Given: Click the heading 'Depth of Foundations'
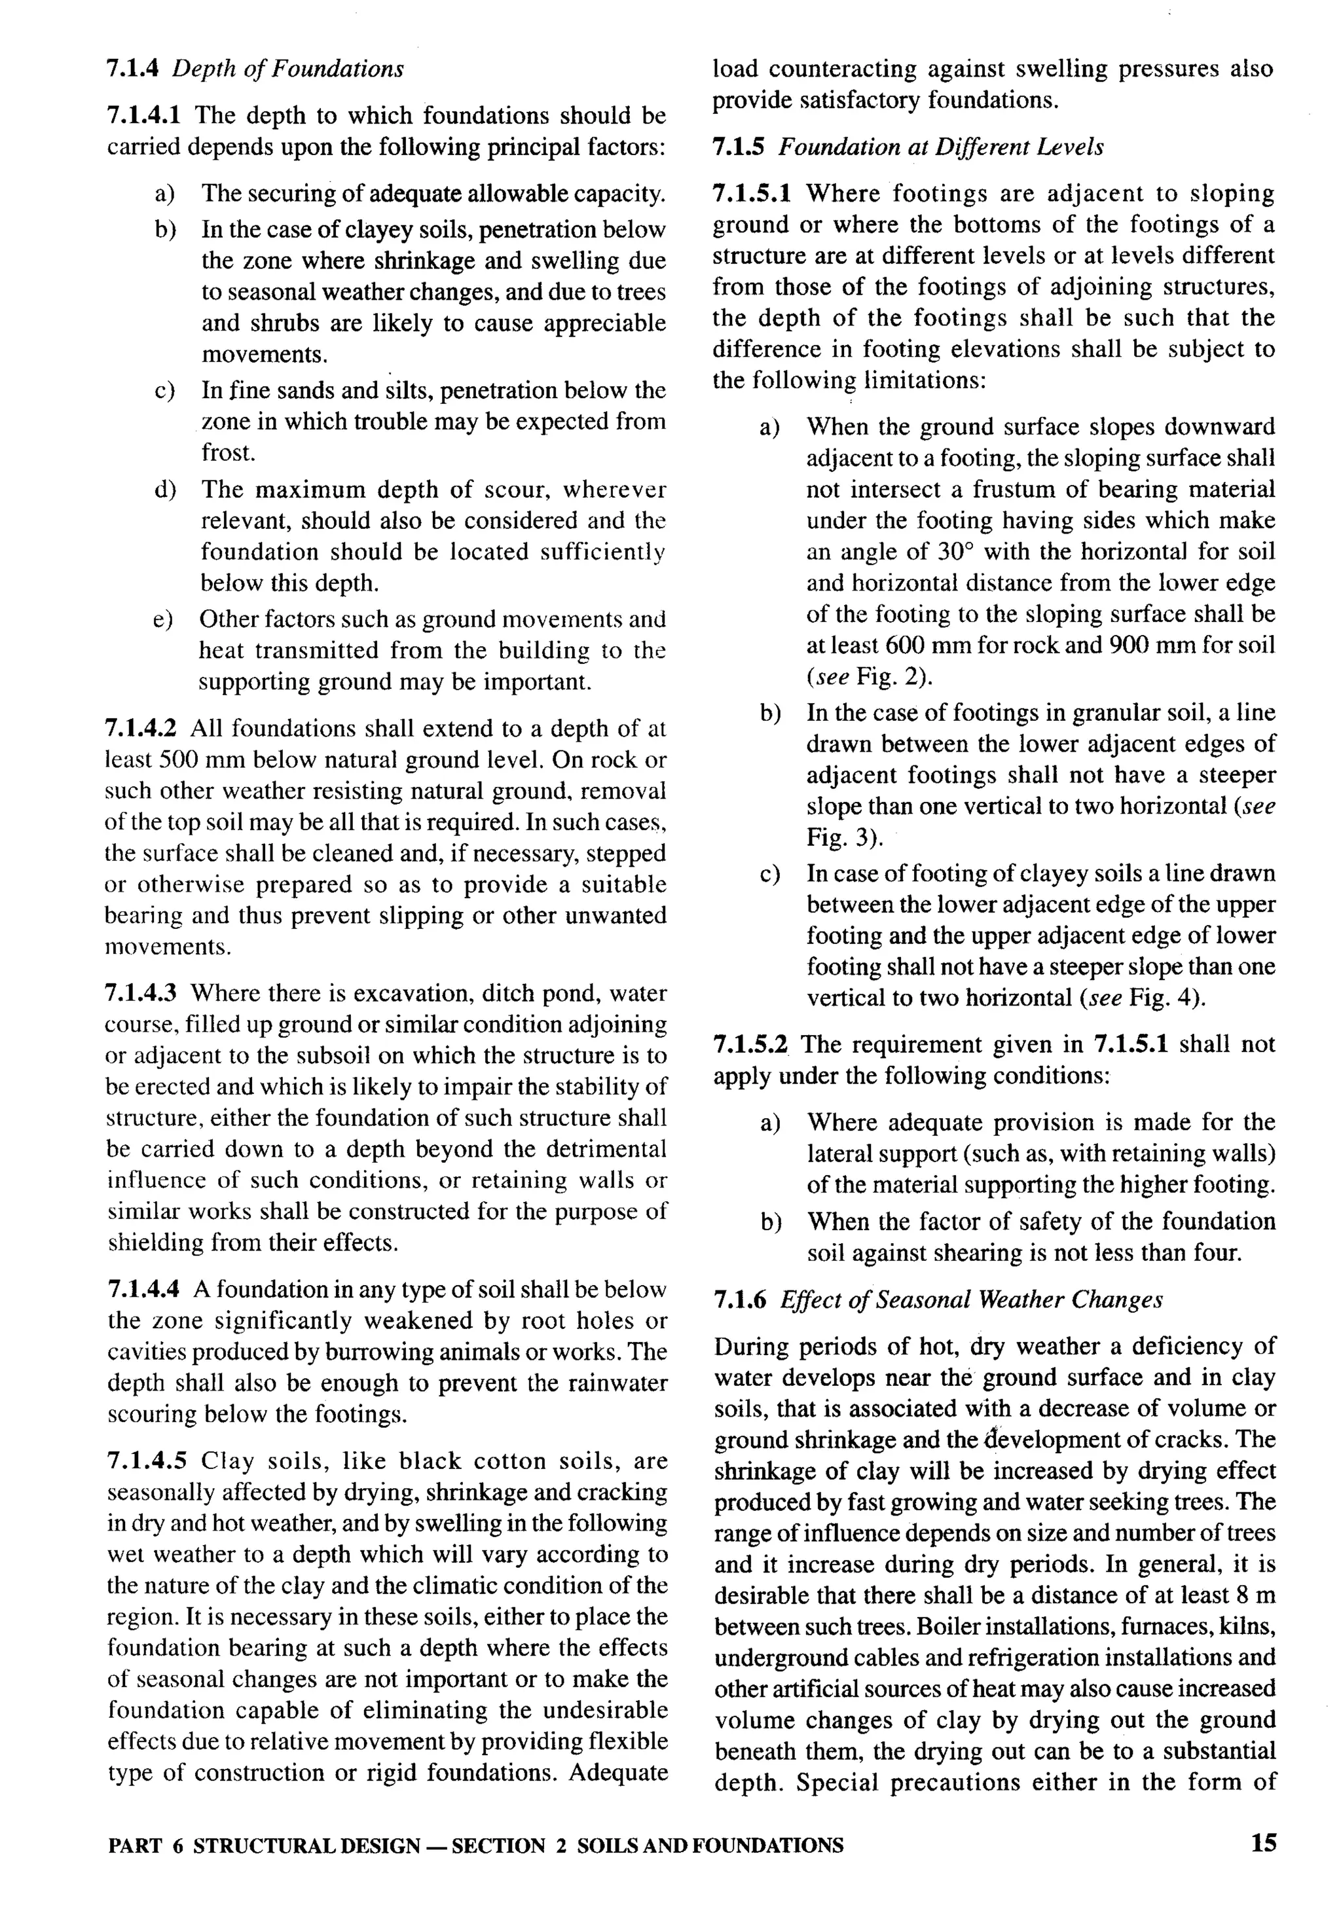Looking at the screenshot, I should tap(287, 68).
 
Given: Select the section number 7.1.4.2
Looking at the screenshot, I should tap(140, 728).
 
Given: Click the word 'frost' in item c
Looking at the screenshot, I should tap(227, 454).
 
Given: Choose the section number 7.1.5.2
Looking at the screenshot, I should tap(750, 1045).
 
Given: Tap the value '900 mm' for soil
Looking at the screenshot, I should tap(1156, 646).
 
